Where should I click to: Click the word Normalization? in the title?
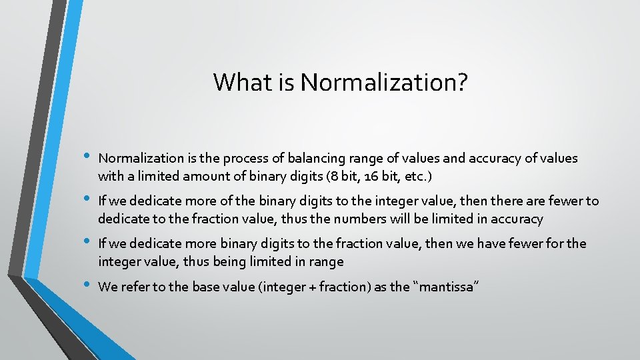point(384,83)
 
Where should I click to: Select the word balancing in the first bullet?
point(313,158)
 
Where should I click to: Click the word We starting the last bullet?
point(107,287)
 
